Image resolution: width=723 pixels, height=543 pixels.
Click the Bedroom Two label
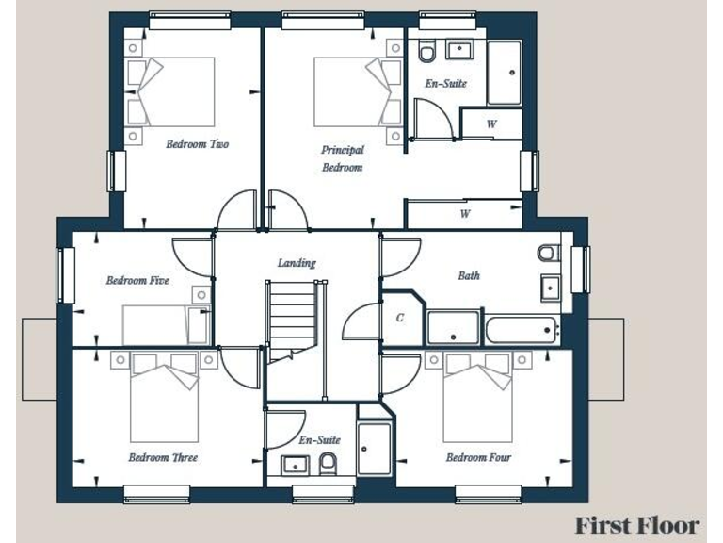point(198,144)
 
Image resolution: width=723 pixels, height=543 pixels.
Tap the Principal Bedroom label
point(342,158)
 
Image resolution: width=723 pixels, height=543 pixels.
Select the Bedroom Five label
point(137,280)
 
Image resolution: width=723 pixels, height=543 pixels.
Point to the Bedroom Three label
point(163,457)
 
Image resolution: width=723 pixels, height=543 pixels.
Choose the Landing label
point(297,263)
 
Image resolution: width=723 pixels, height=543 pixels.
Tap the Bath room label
point(468,275)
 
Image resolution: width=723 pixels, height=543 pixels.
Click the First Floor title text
point(637,525)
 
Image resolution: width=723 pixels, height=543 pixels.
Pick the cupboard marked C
point(400,318)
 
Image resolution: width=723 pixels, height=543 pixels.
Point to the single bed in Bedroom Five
point(165,325)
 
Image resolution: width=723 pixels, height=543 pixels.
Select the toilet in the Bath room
point(549,253)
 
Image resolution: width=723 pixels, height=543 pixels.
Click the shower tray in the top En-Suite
point(504,73)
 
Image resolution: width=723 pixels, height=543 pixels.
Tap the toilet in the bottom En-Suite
point(329,461)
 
